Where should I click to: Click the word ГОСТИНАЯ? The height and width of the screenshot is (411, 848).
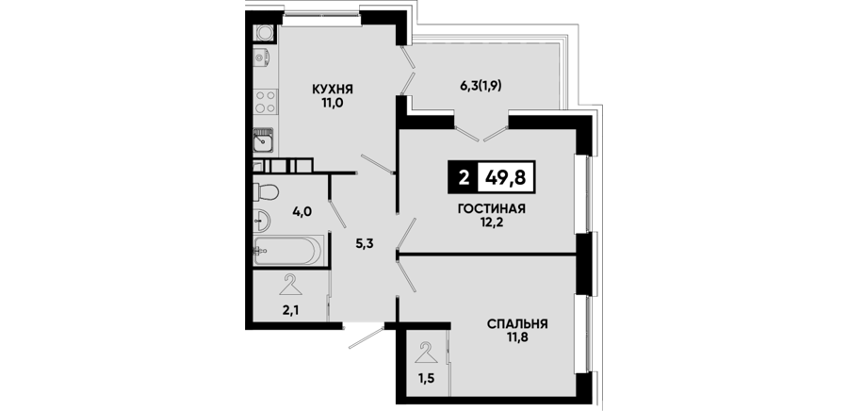tap(492, 208)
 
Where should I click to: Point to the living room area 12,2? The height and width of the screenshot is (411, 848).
tap(492, 222)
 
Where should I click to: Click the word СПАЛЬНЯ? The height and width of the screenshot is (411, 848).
tap(517, 324)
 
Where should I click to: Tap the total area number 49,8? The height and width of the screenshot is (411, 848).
tap(506, 177)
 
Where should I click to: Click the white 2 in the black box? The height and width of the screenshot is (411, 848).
tap(463, 177)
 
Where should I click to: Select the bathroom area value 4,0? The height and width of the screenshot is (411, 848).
tap(302, 211)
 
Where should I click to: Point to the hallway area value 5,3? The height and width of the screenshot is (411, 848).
tap(365, 243)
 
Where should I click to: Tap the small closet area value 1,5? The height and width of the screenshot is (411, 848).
tap(426, 377)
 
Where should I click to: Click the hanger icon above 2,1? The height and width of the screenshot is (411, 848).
tap(290, 285)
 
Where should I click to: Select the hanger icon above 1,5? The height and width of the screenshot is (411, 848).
tap(427, 352)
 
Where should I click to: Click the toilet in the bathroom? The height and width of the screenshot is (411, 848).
tap(266, 191)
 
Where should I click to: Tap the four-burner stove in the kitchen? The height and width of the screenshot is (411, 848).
tap(266, 102)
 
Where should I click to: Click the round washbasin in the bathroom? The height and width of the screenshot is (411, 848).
tap(262, 219)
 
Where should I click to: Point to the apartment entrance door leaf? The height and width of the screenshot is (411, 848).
tap(367, 337)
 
